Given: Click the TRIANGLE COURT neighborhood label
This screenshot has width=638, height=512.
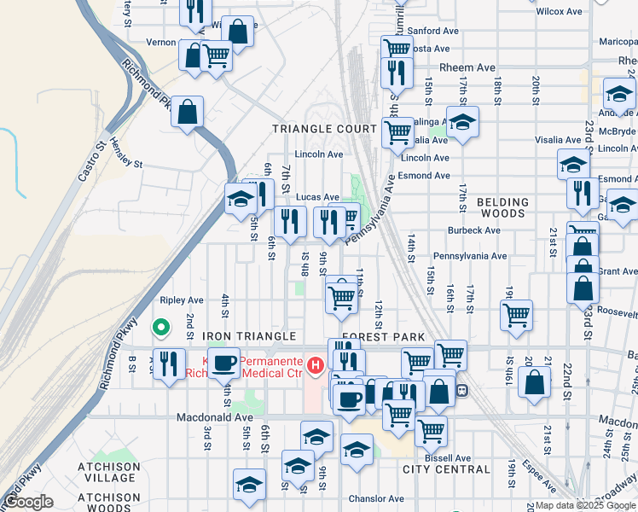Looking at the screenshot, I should click(324, 129).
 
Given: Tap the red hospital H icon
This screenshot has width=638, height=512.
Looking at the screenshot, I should click(316, 366).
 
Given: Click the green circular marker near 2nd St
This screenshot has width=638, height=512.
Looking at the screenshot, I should click(159, 327).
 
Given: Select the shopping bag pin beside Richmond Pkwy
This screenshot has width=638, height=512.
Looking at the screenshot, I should click(187, 111).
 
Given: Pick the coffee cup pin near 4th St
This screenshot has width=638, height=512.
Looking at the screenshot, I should click(224, 362).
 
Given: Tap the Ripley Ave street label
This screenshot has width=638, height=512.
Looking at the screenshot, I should click(182, 300).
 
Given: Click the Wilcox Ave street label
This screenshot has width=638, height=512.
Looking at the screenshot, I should click(559, 12).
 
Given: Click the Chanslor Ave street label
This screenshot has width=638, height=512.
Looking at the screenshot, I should click(376, 498).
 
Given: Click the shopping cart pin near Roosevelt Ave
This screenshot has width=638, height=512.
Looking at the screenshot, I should click(517, 315).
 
